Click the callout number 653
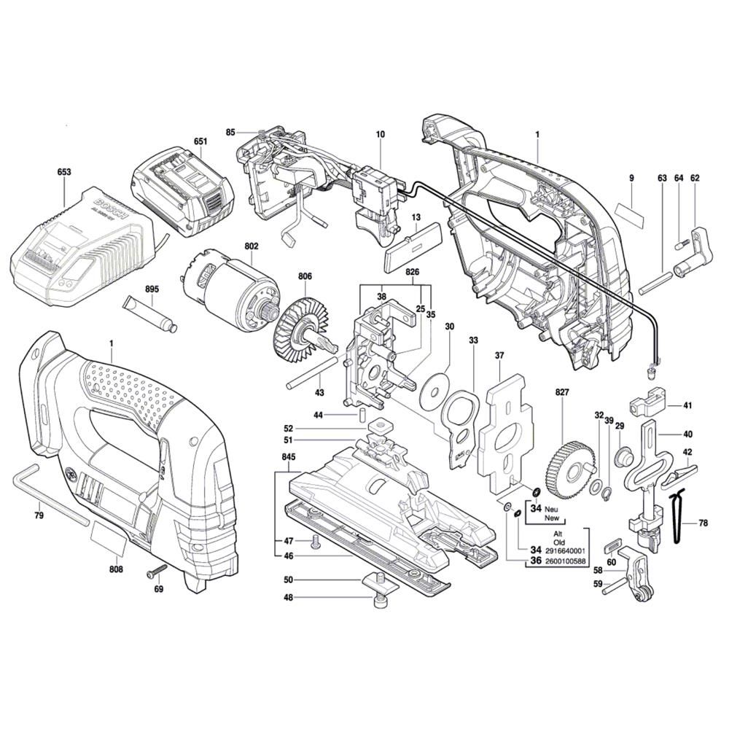64,173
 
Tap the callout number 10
380,134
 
